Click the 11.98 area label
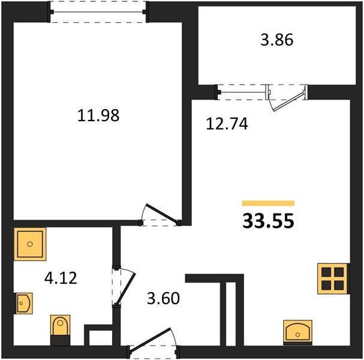click(98, 115)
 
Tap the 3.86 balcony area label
click(276, 40)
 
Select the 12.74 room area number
click(227, 124)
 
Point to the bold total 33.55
click(268, 221)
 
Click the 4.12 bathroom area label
click(61, 278)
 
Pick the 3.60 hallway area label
click(163, 298)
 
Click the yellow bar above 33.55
click(268, 203)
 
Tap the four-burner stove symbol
click(333, 279)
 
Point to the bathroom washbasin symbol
click(23, 304)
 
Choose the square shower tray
click(30, 244)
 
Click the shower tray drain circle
click(30, 244)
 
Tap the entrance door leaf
click(151, 338)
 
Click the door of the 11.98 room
click(162, 212)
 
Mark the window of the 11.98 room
click(98, 12)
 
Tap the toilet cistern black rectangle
click(60, 340)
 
